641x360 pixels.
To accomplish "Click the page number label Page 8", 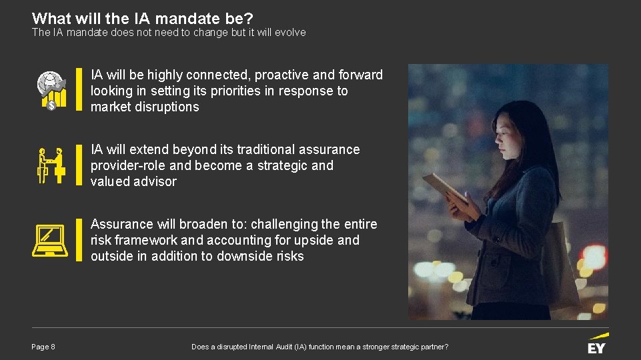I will pos(43,347).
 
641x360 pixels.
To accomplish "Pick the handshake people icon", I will pos(51,165).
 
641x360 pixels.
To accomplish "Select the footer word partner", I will pos(432,347).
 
